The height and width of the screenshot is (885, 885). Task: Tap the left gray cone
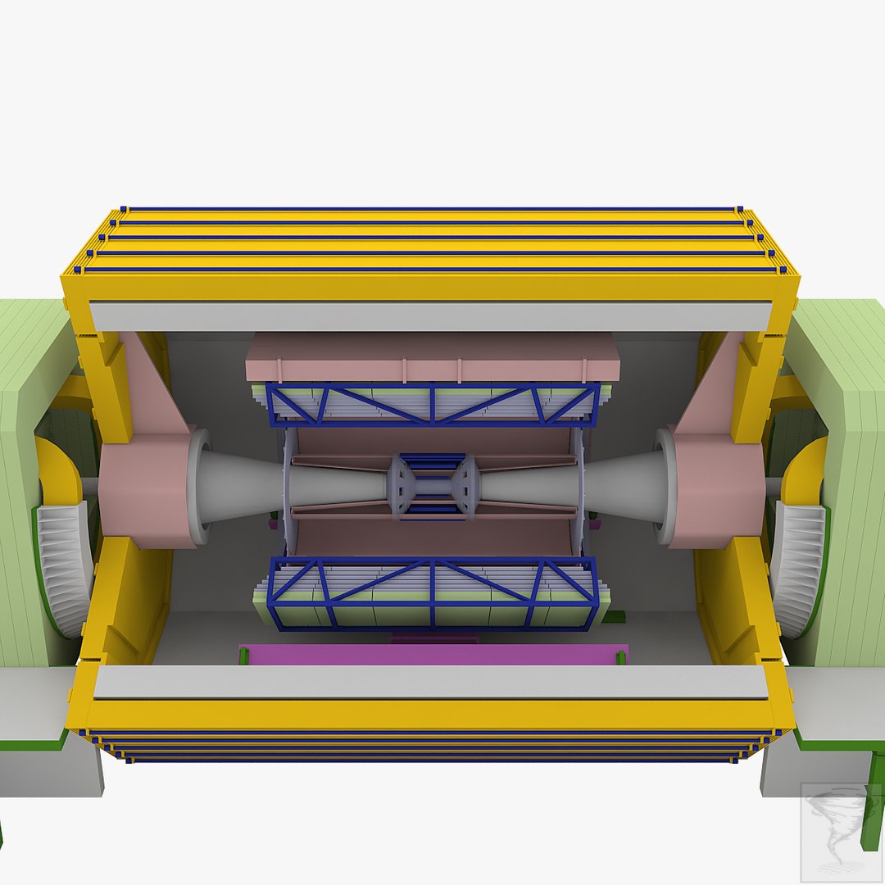[246, 485]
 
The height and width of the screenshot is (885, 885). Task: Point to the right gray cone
[623, 485]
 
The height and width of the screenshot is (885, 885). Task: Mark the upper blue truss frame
[433, 404]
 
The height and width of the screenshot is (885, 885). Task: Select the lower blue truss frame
[433, 592]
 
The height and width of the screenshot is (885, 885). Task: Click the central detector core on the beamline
[433, 486]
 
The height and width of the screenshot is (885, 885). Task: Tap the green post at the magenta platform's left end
[243, 656]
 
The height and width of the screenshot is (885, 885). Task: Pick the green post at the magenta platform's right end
[620, 656]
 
